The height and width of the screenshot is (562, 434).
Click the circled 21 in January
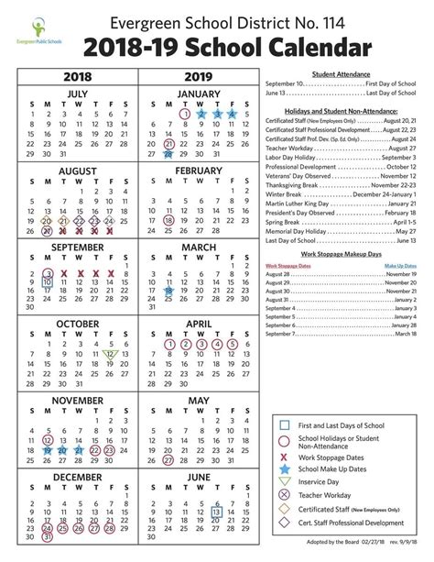click(x=168, y=144)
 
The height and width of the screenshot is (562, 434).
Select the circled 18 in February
click(x=168, y=220)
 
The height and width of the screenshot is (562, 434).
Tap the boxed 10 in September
click(x=47, y=283)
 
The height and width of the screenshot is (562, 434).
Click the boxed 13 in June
click(x=217, y=512)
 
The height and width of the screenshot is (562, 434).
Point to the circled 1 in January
click(x=185, y=114)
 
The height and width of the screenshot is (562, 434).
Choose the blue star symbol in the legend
click(x=287, y=468)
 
